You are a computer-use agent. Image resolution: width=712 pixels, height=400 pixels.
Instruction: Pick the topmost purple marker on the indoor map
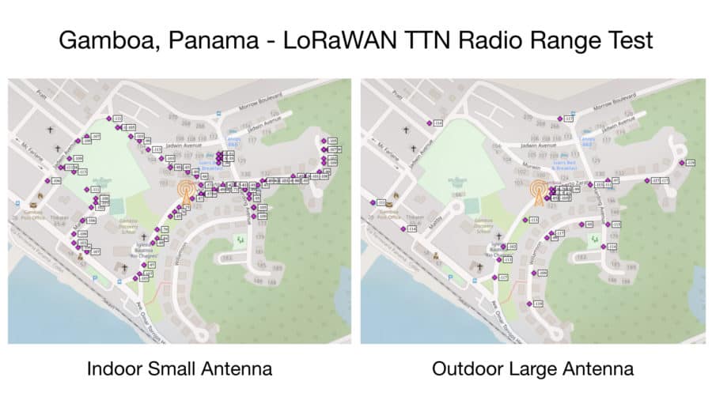(109, 118)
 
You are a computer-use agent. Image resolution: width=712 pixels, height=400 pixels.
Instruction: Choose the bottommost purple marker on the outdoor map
(531, 303)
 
